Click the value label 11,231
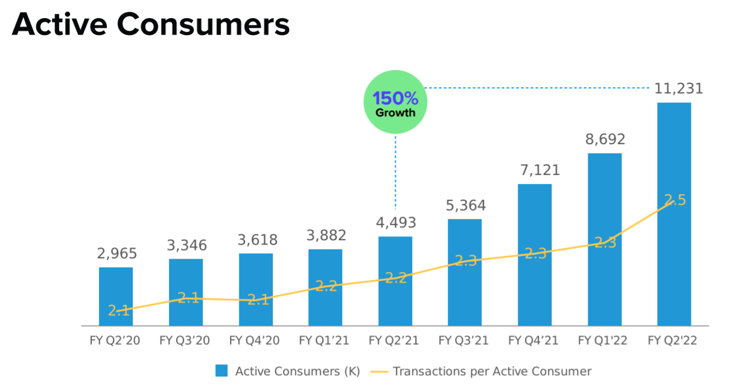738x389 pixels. coord(679,89)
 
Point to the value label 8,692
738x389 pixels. coord(605,139)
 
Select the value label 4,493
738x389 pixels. coord(395,223)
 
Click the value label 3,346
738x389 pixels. coord(186,245)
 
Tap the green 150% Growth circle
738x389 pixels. coord(395,103)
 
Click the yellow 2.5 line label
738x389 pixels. coord(675,200)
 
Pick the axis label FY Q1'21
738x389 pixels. coord(325,341)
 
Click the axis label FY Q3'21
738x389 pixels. coord(464,341)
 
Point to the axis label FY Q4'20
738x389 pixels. coord(255,341)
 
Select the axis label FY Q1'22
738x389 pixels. coord(603,341)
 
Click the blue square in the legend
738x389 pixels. coord(221,371)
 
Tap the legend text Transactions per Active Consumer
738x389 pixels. coord(492,371)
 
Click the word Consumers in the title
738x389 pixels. coord(203,25)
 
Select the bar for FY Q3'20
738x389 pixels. coord(186,293)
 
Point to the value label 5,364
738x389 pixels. coord(465,206)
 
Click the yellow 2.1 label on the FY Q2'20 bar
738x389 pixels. coord(119,311)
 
